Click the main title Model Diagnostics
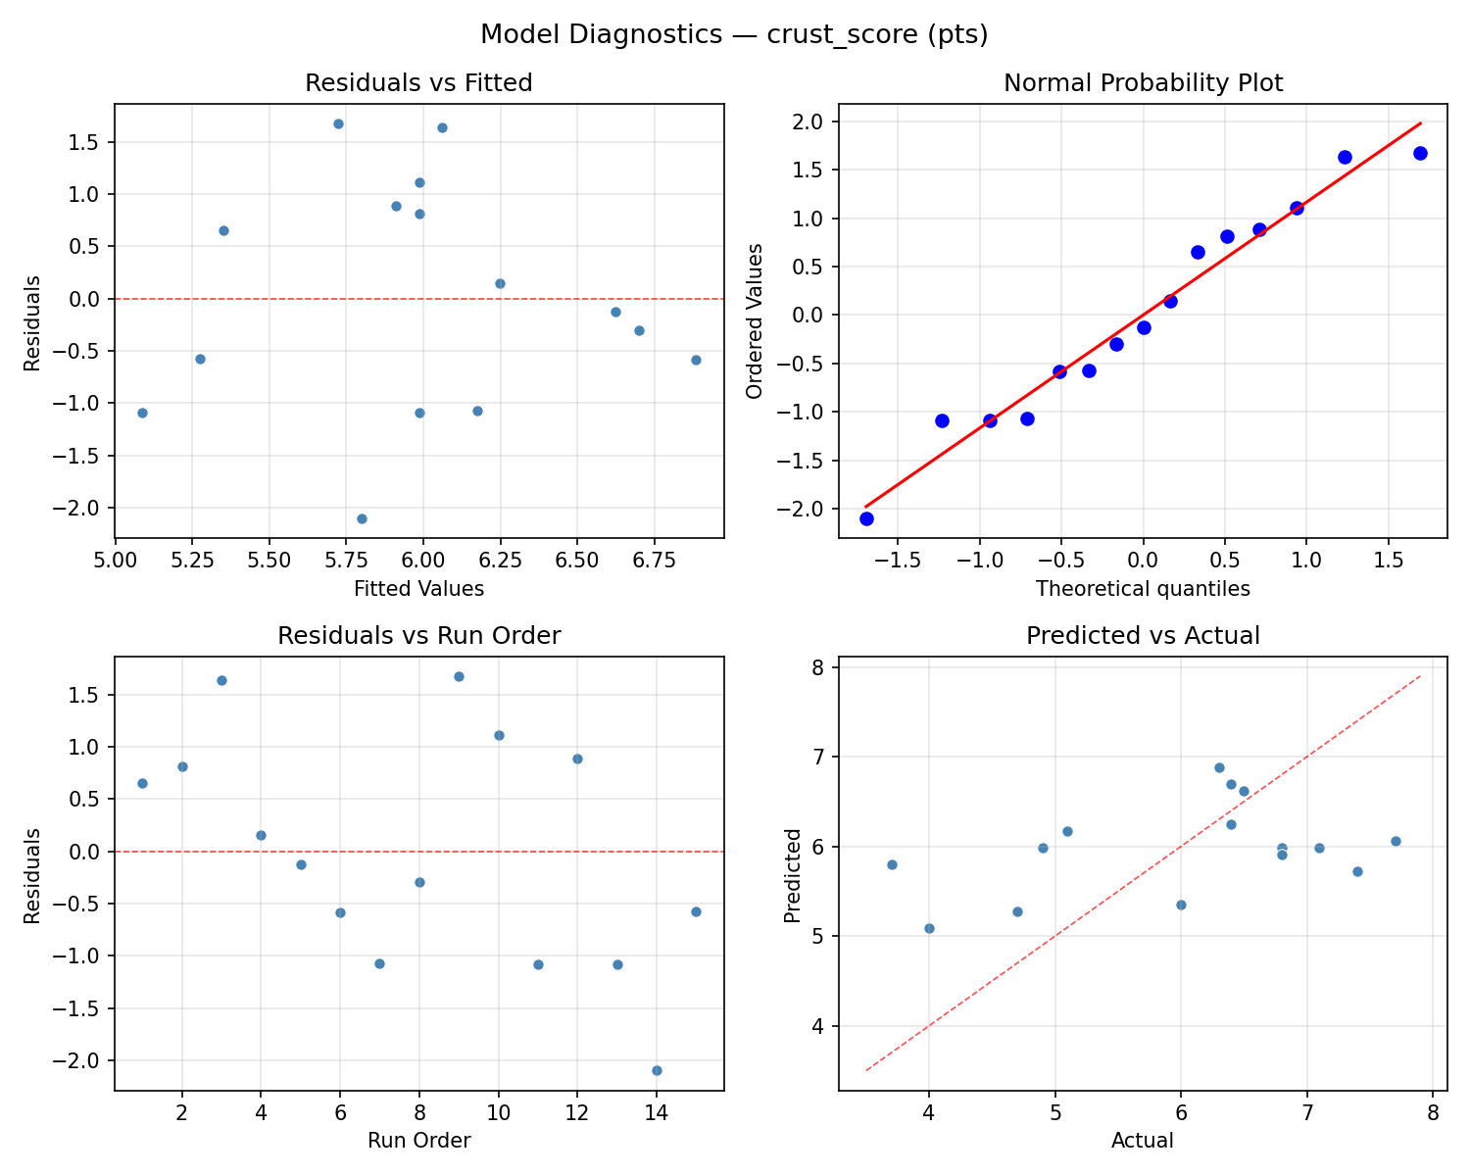click(x=734, y=34)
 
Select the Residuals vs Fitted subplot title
click(x=418, y=83)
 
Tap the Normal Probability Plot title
click(x=1143, y=83)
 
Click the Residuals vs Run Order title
click(x=418, y=636)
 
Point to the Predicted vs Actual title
click(x=1143, y=636)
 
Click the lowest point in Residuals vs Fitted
click(x=362, y=518)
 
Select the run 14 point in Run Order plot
click(x=657, y=1070)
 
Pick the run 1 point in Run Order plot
click(x=142, y=783)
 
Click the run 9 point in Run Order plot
click(x=459, y=676)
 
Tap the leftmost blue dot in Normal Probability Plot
click(x=866, y=518)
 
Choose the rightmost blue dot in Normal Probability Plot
click(x=1420, y=153)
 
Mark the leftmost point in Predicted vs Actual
click(x=892, y=864)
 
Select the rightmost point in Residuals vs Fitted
click(x=696, y=360)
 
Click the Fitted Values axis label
click(x=418, y=589)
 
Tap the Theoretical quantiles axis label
click(x=1143, y=589)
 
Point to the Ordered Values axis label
click(x=754, y=321)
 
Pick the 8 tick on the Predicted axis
click(x=819, y=667)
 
